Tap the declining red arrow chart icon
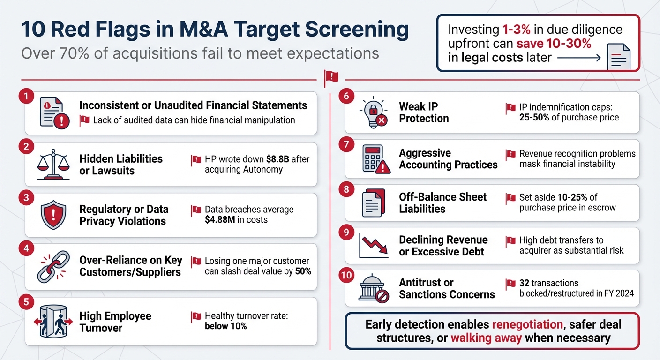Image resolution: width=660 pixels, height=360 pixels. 373,245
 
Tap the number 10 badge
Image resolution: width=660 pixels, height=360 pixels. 346,275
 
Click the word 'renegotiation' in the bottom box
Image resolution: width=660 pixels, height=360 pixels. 527,324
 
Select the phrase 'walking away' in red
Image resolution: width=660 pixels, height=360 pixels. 486,338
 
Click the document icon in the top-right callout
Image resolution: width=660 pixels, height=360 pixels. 618,57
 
